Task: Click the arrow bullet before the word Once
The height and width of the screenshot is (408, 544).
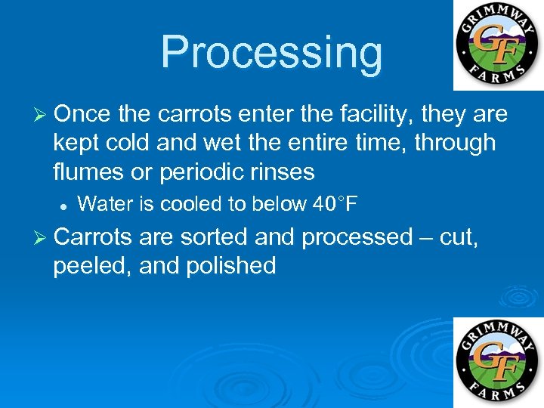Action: pos(41,115)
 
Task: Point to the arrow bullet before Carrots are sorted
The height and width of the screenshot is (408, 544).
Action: pos(41,238)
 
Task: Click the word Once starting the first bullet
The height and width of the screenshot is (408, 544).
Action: pos(82,114)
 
